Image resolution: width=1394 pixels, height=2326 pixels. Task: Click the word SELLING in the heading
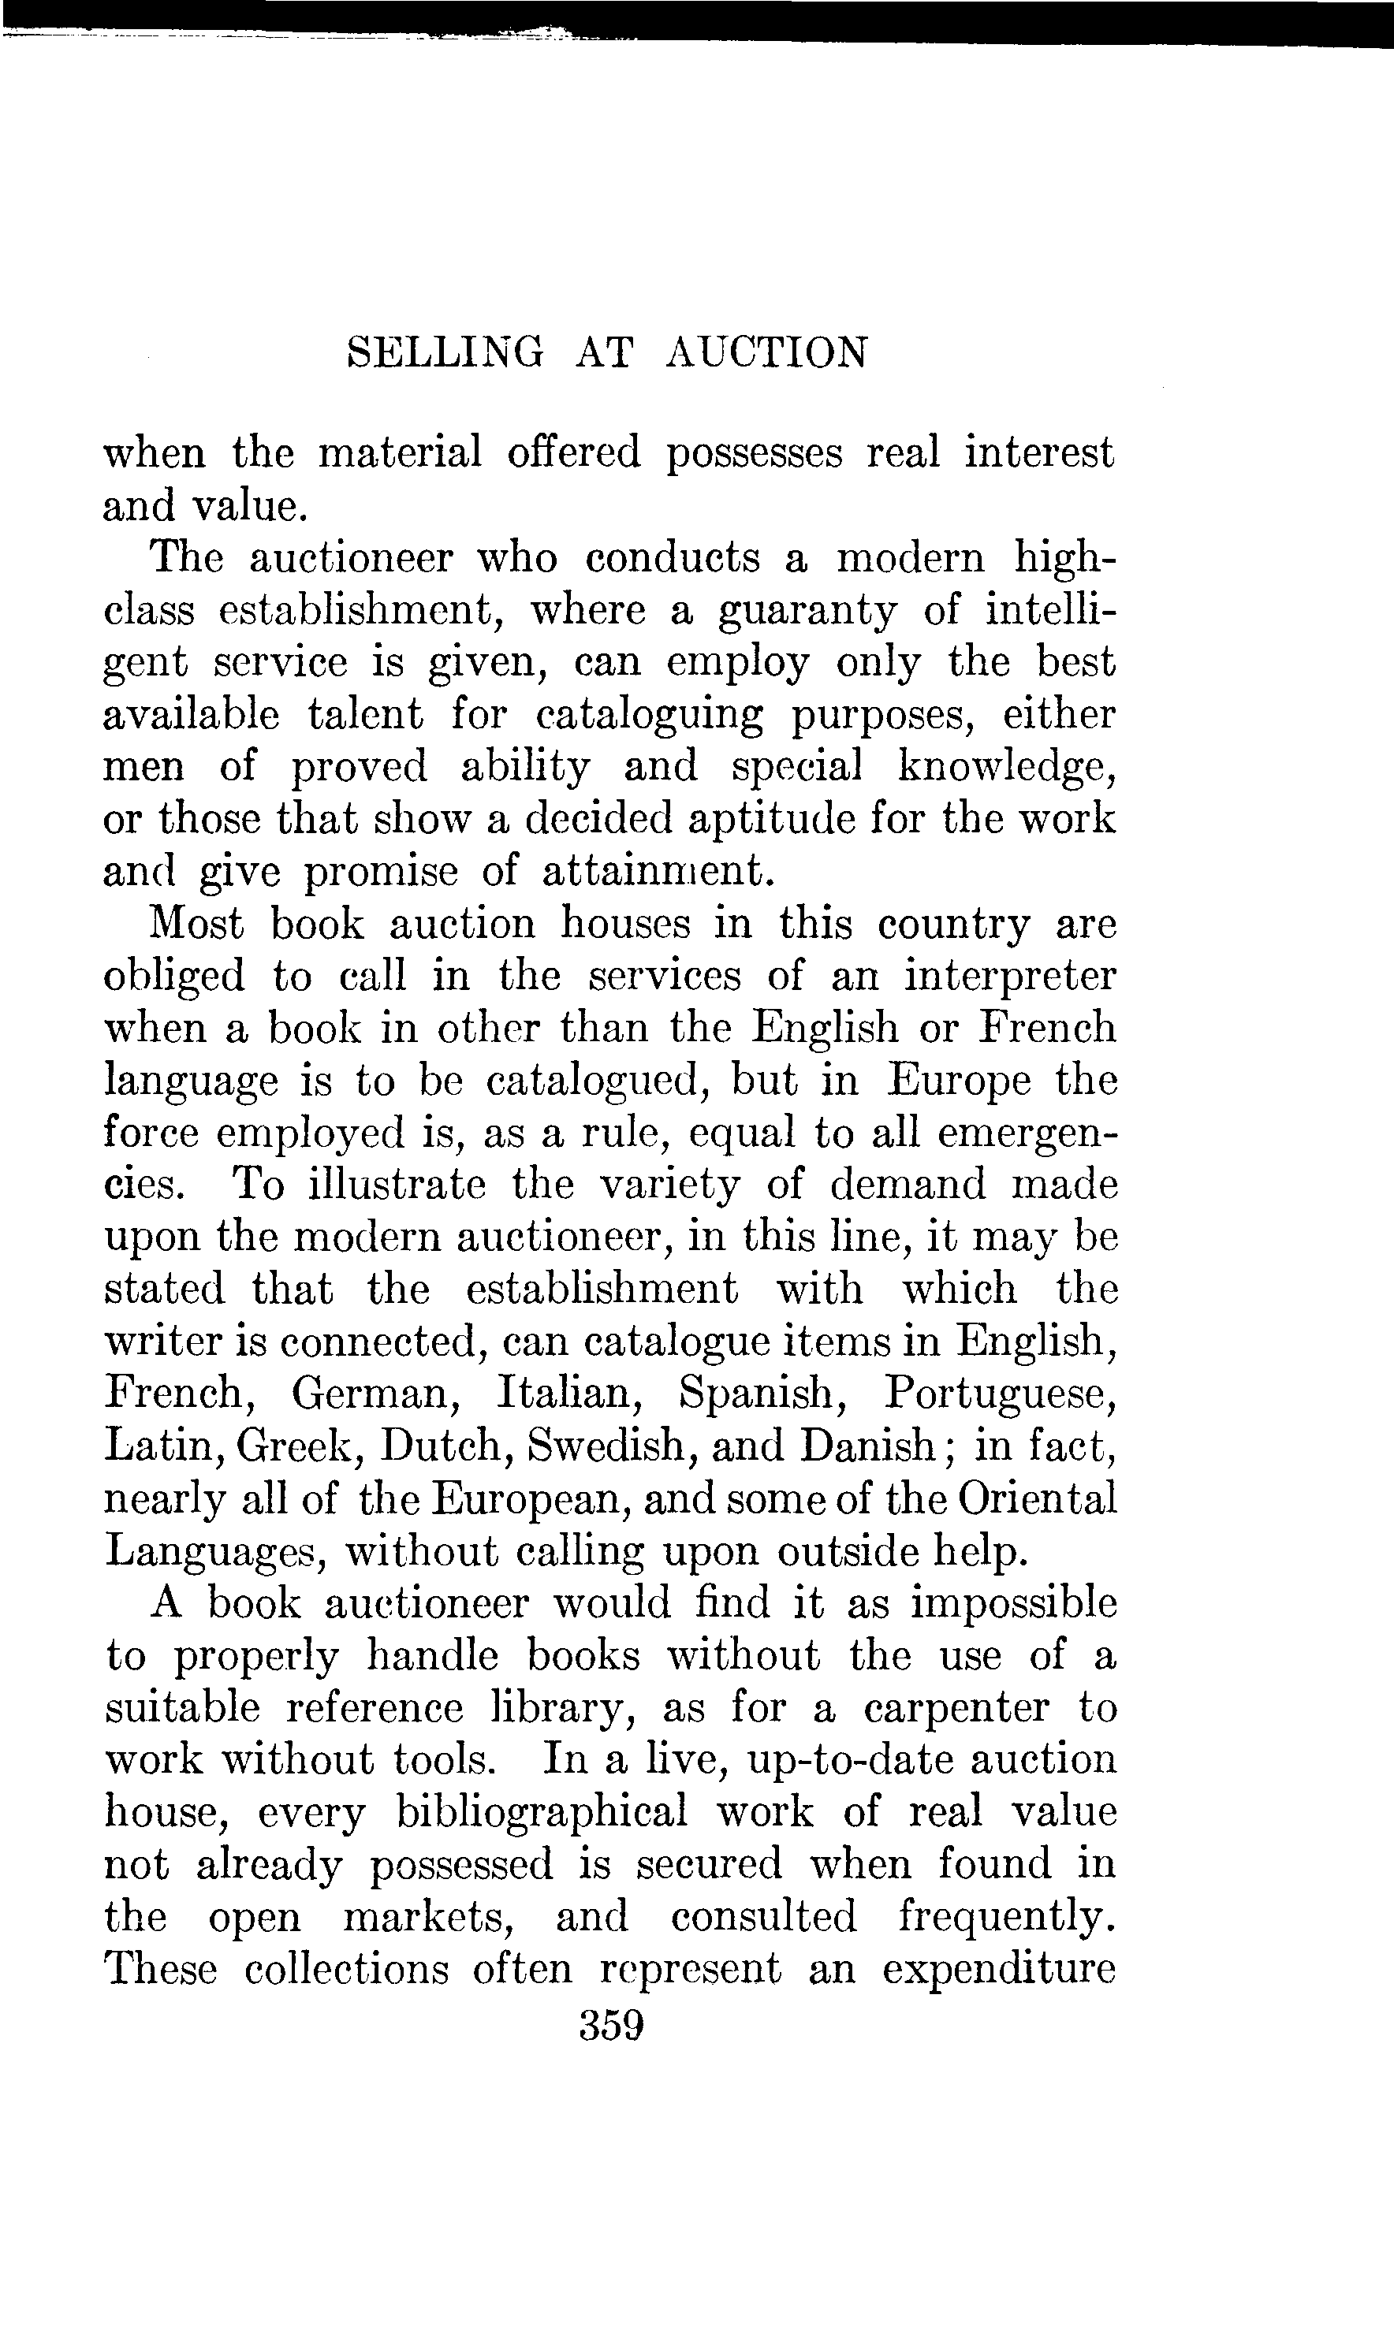(445, 353)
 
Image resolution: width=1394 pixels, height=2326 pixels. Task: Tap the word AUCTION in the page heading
(766, 353)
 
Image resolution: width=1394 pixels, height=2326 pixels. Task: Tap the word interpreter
(1010, 977)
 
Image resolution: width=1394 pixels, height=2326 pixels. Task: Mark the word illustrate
(397, 1184)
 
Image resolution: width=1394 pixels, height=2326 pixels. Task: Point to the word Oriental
(1037, 1498)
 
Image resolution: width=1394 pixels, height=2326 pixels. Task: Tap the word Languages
(215, 1551)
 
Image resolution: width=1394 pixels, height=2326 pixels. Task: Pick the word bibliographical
(542, 1812)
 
